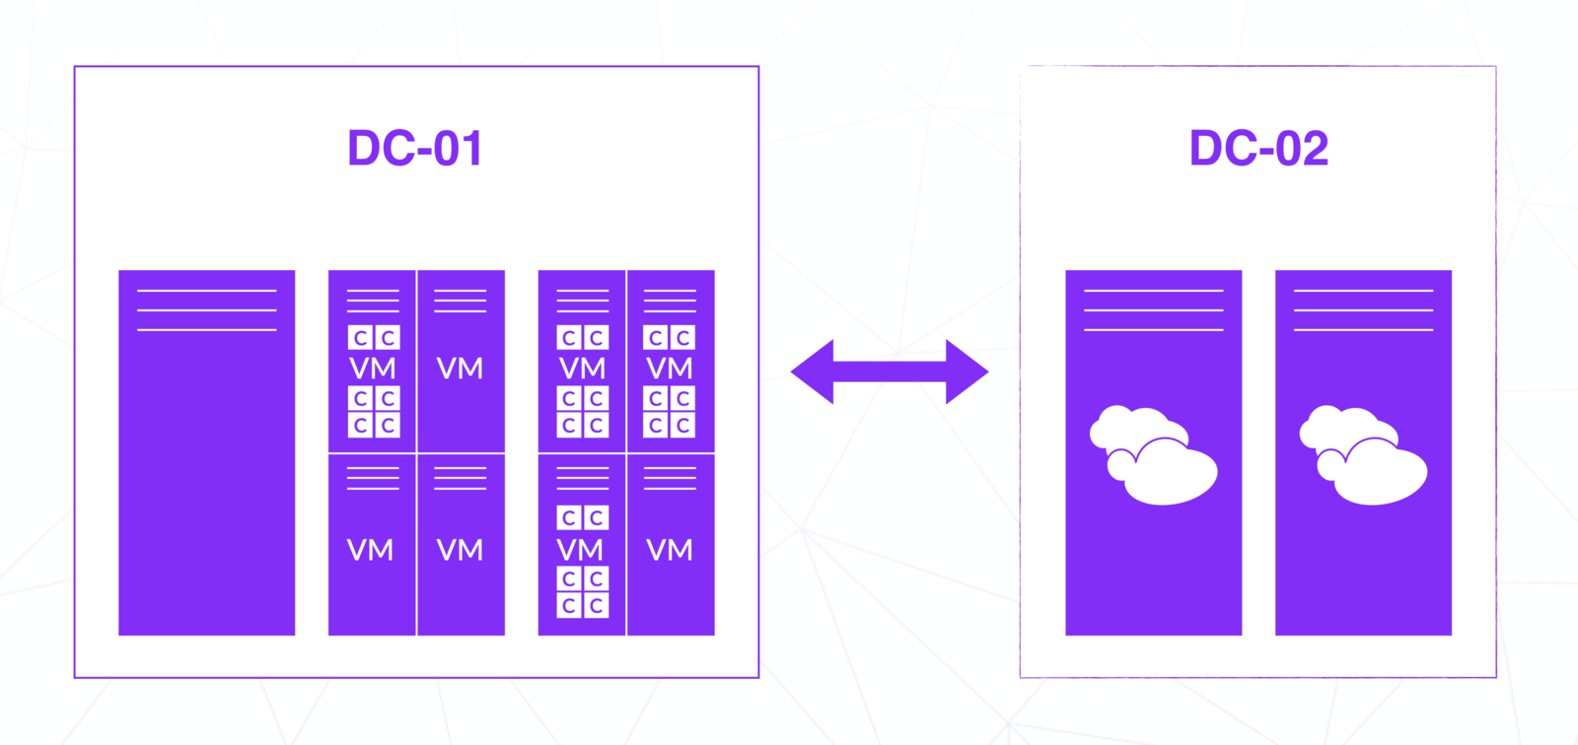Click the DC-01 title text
[x=414, y=149]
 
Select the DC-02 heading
[x=1258, y=149]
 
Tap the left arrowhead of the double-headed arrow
[x=812, y=372]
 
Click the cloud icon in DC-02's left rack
[x=1153, y=454]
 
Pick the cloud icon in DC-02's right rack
[x=1363, y=454]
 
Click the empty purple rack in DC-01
[x=206, y=473]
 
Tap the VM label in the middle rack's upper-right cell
[x=460, y=369]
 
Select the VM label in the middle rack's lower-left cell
[x=371, y=550]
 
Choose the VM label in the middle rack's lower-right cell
[x=460, y=550]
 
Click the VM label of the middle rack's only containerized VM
[x=373, y=369]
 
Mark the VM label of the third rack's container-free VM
[x=670, y=550]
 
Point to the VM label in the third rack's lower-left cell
[x=581, y=549]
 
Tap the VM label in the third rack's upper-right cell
[x=670, y=369]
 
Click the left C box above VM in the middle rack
[x=360, y=338]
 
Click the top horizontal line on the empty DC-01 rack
[x=206, y=291]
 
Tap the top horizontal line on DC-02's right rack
[x=1363, y=291]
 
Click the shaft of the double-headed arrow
[x=890, y=372]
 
